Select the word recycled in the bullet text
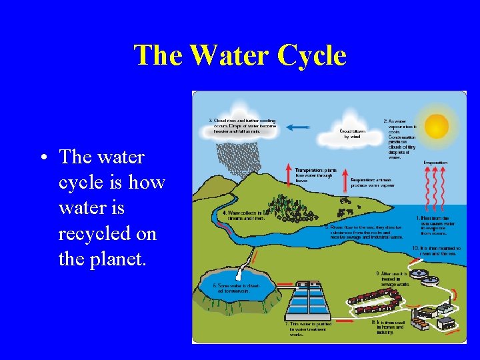(107, 233)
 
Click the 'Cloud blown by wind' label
(353, 133)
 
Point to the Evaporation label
(435, 163)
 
